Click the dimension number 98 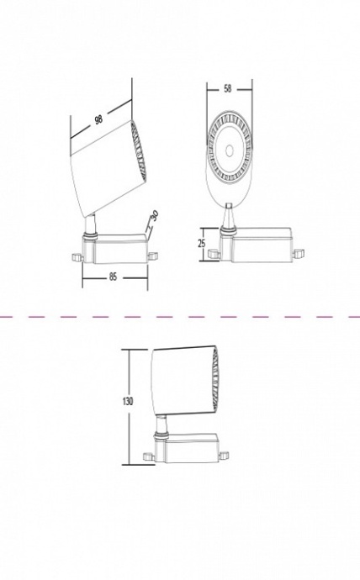point(99,119)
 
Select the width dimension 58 point(229,88)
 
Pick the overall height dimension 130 point(127,401)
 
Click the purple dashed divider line point(180,317)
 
